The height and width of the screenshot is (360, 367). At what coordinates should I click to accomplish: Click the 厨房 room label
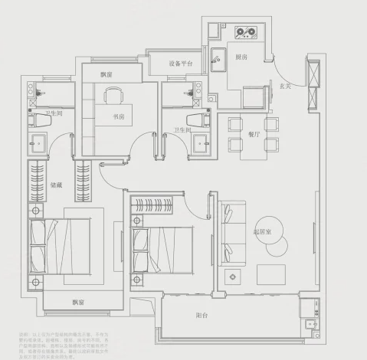pos(241,56)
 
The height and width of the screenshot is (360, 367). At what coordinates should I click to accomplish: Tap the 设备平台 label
pos(181,64)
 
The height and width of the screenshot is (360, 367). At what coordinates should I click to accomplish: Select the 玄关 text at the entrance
pos(284,85)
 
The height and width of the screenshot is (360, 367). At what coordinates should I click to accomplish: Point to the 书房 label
pos(118,117)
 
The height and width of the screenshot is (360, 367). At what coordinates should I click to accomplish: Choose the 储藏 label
pos(56,184)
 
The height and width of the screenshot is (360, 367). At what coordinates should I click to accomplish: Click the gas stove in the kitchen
pos(247,33)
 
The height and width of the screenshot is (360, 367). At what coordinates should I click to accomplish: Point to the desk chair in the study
pos(114,95)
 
